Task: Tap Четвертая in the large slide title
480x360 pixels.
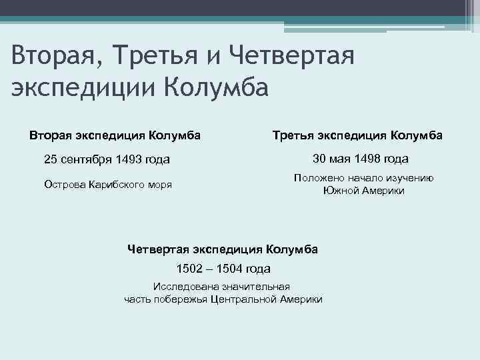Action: pos(293,54)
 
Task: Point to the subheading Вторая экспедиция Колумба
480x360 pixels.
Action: pos(115,135)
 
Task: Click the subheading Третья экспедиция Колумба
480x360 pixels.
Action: pos(357,135)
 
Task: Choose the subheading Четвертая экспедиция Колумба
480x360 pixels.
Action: pos(223,249)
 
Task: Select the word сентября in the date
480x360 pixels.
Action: pos(84,160)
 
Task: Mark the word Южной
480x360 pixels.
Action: pos(339,191)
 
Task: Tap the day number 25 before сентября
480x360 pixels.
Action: pos(51,160)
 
